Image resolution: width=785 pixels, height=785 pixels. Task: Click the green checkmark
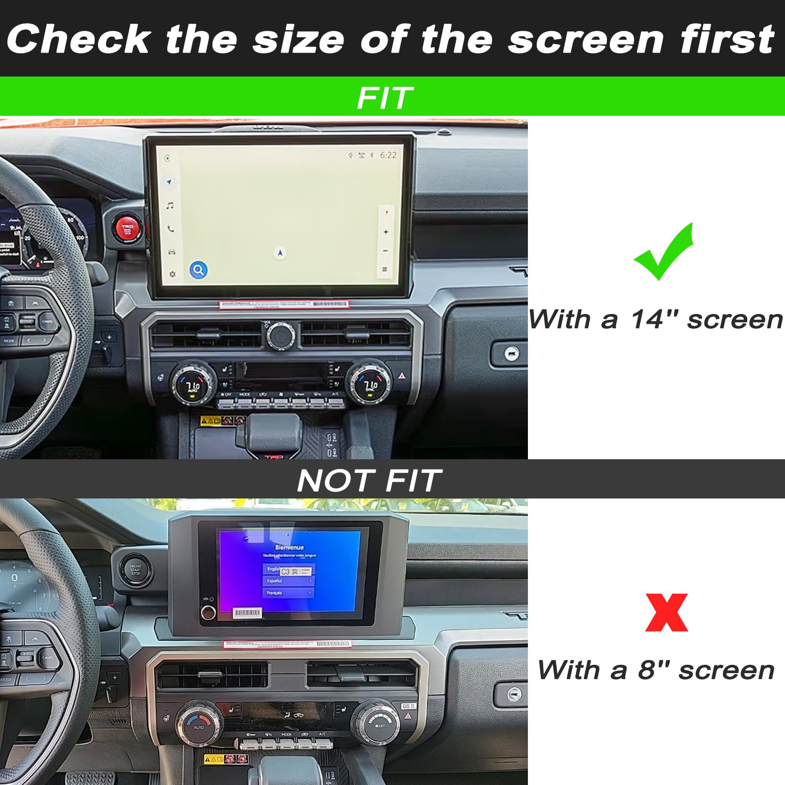coord(663,253)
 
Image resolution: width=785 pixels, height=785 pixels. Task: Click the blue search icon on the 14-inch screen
coord(198,270)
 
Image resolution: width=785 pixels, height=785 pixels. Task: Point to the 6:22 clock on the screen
coord(388,155)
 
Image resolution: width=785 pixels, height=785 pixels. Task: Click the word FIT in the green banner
coord(385,98)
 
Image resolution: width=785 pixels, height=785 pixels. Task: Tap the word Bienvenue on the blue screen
coord(289,547)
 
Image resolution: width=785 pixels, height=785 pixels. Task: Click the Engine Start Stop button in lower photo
coord(135,570)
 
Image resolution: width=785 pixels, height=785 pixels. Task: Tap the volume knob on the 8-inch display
coord(208,612)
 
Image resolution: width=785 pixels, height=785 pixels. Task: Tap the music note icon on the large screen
coord(170,206)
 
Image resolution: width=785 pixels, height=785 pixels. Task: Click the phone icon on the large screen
coord(170,229)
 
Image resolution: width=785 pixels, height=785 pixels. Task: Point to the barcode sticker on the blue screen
coord(248,613)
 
